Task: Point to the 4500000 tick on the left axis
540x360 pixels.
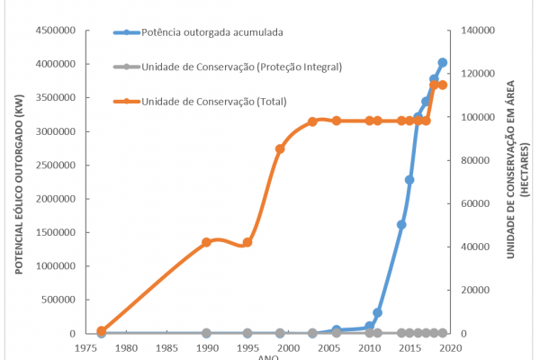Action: (55, 31)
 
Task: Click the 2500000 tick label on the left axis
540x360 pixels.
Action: (55, 165)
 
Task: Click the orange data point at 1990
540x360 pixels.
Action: (206, 242)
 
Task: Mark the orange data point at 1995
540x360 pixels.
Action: (247, 242)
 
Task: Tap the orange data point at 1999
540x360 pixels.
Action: (280, 148)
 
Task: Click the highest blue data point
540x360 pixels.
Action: (442, 63)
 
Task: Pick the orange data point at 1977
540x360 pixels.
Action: (102, 330)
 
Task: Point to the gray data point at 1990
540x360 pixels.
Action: (206, 333)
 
